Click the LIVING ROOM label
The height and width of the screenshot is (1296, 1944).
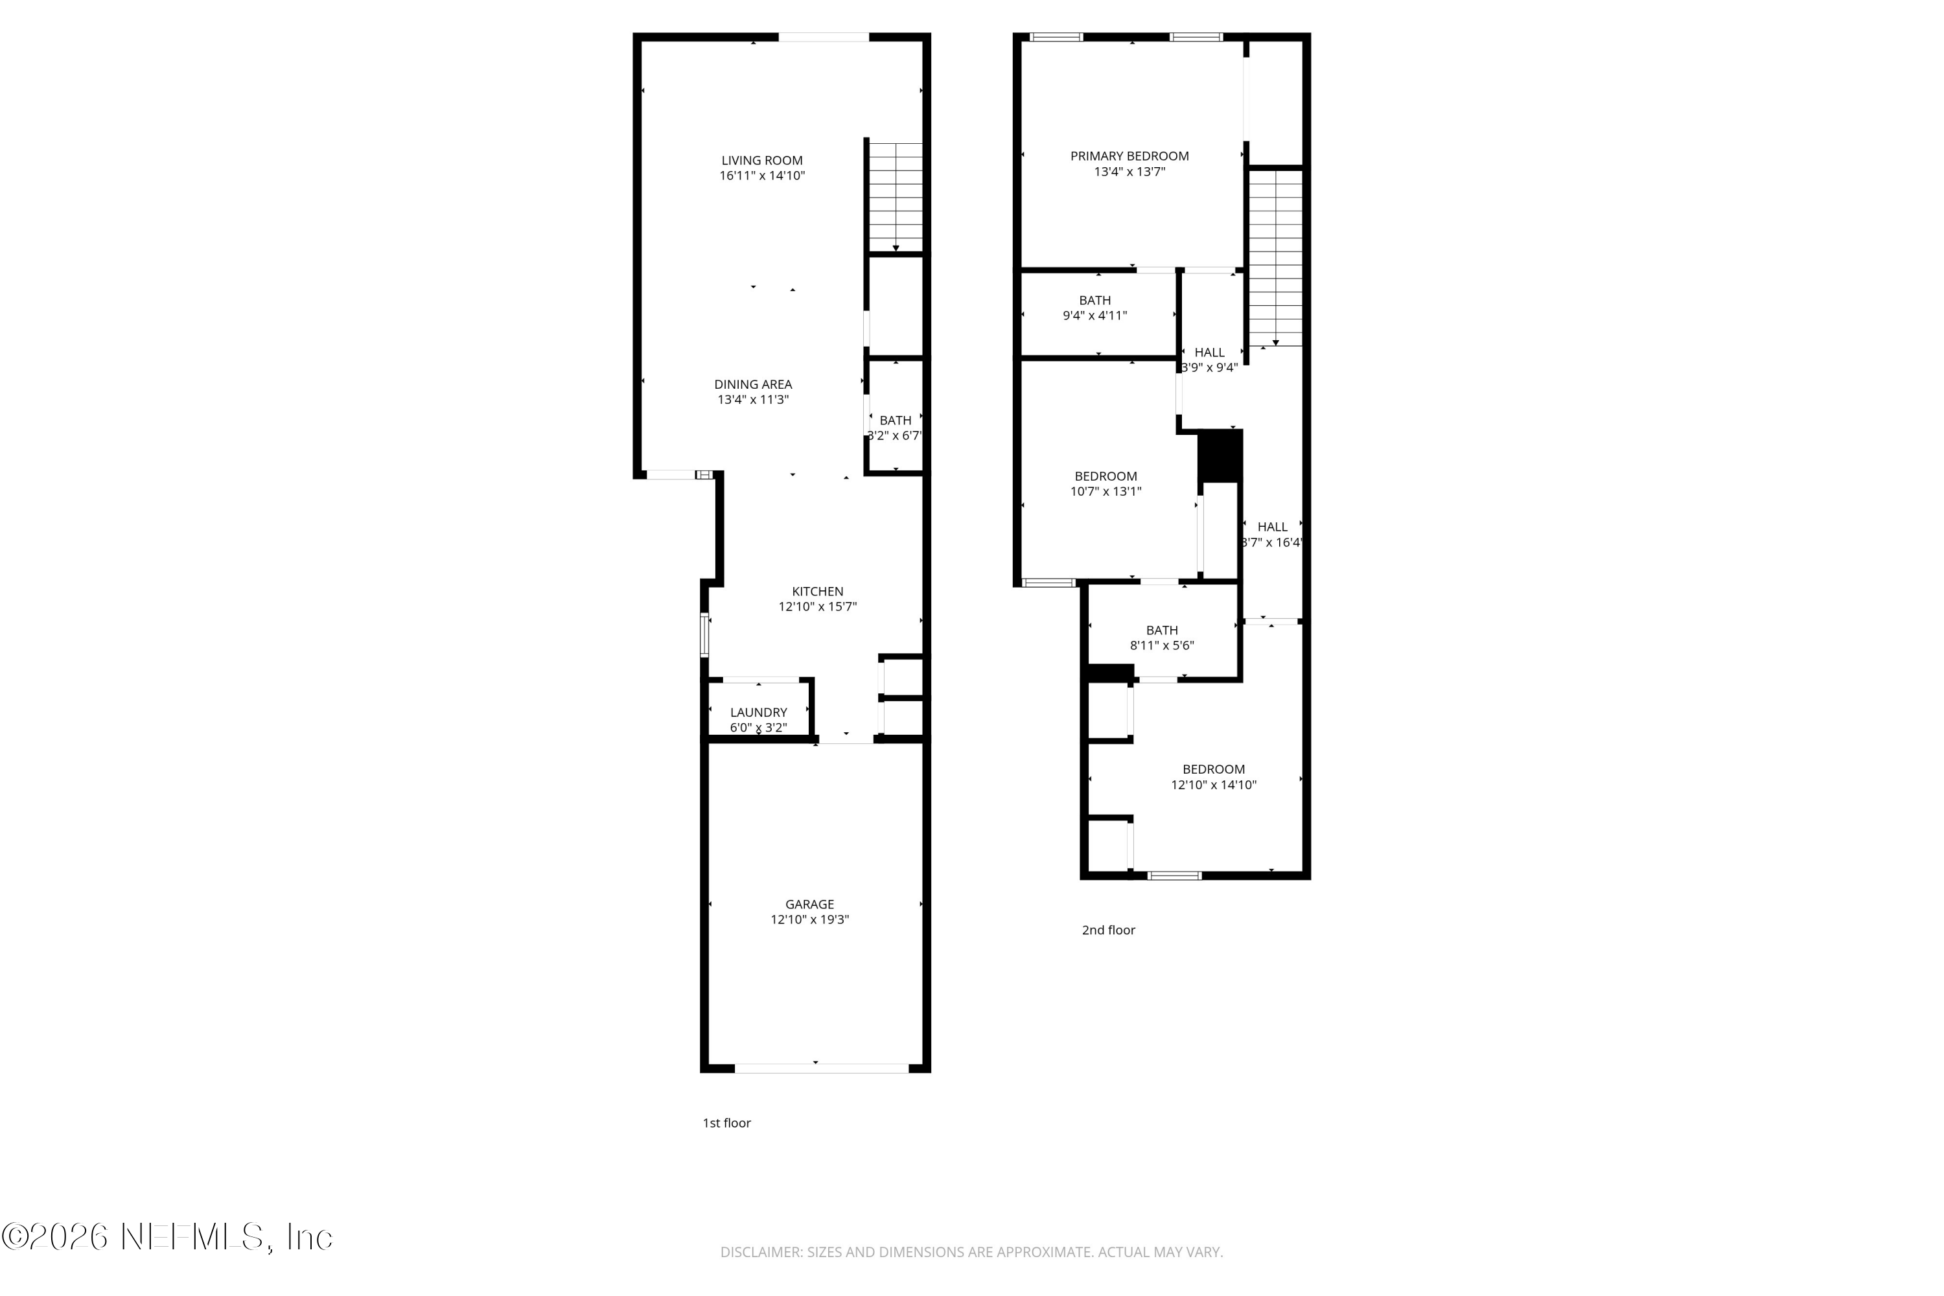coord(761,160)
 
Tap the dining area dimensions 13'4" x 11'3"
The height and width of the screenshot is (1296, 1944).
coord(752,399)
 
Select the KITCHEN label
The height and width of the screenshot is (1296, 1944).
coord(817,591)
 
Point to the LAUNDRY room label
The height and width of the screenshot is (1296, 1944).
coord(758,712)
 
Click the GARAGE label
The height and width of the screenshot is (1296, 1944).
coord(809,904)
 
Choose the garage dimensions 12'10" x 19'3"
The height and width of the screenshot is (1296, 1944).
coord(809,919)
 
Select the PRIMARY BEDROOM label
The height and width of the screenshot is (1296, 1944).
coord(1129,156)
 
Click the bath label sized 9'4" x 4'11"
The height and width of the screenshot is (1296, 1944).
coord(1094,300)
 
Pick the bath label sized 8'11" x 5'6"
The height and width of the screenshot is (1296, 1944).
coord(1161,630)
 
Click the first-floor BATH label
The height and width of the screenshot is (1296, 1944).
coord(895,420)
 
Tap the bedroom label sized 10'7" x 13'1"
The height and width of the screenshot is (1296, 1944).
coord(1105,476)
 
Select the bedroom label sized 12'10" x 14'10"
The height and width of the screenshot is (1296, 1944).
coord(1213,769)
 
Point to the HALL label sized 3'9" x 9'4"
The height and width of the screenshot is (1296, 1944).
coord(1209,352)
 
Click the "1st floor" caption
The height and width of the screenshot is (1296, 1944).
coord(726,1122)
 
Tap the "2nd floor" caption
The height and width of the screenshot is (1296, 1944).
coord(1108,930)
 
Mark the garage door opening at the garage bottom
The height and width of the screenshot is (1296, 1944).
coord(822,1069)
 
